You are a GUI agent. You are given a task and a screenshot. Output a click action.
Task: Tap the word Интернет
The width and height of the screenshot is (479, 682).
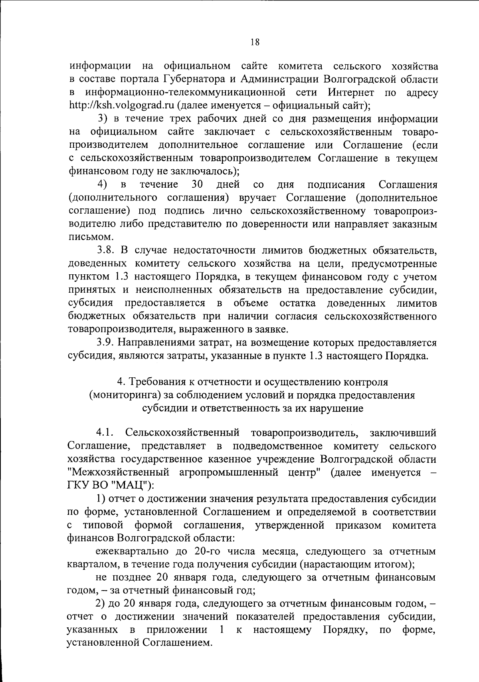pos(351,93)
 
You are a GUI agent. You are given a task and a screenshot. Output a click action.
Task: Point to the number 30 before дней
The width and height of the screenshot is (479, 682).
pos(198,184)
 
